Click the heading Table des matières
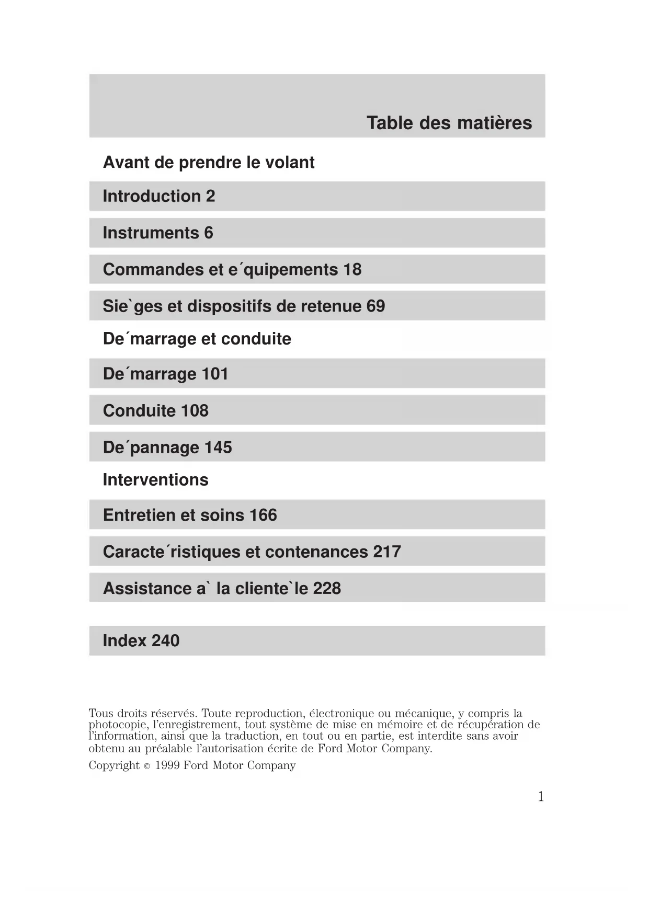click(x=449, y=123)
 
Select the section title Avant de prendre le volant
click(x=209, y=163)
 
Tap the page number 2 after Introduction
click(x=210, y=196)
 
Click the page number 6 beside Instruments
click(x=209, y=233)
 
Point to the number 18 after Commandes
click(x=352, y=269)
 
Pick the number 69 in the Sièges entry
click(x=375, y=306)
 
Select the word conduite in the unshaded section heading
click(x=256, y=339)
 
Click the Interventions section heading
click(x=155, y=480)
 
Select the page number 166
click(x=263, y=515)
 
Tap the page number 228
click(x=327, y=588)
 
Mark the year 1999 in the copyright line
click(x=167, y=765)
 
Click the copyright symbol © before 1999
click(x=147, y=766)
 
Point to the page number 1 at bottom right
click(x=541, y=796)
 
